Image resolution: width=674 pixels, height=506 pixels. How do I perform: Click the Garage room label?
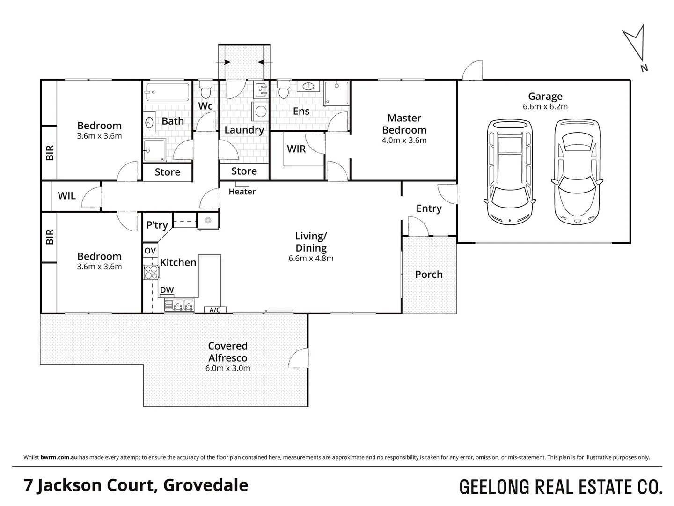[x=545, y=97]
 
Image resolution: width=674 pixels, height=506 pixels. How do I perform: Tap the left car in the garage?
[x=510, y=172]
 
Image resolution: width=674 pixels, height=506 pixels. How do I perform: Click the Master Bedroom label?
[x=404, y=124]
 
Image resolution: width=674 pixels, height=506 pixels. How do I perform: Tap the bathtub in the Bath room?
[x=167, y=93]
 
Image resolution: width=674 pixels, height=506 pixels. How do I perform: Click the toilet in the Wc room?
[x=205, y=89]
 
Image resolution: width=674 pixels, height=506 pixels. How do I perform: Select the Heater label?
[x=242, y=192]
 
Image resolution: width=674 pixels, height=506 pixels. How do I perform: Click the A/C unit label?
[x=215, y=310]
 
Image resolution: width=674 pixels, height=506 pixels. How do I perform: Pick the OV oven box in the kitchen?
[x=150, y=251]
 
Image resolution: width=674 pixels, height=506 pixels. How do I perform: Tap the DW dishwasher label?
[x=167, y=290]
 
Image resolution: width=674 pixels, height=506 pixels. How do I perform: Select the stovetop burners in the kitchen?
[x=151, y=272]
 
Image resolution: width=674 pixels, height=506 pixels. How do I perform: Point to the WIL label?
[x=66, y=196]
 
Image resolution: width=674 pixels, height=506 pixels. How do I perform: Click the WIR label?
[x=296, y=149]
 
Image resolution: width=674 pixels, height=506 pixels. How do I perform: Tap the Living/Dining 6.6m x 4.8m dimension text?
[x=311, y=258]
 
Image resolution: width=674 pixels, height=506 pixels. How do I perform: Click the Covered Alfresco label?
[x=227, y=352]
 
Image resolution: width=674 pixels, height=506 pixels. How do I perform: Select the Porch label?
[x=429, y=275]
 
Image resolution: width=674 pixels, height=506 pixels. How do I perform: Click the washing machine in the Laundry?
[x=260, y=112]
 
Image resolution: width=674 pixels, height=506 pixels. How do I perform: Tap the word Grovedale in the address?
[x=206, y=485]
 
